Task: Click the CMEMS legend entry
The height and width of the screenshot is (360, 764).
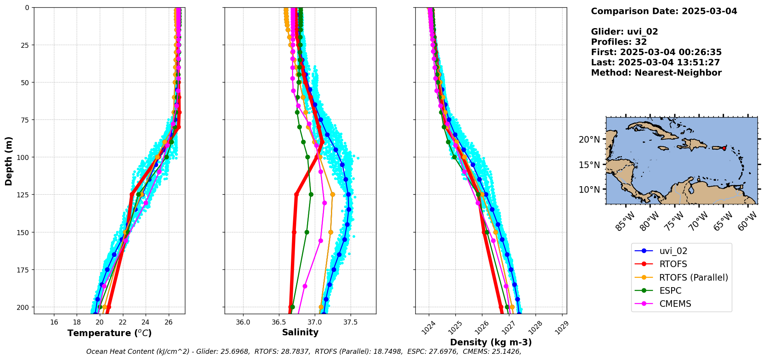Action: click(x=675, y=304)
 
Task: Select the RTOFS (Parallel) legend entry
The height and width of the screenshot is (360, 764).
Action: click(x=693, y=278)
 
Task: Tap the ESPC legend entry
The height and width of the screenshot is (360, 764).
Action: click(x=670, y=291)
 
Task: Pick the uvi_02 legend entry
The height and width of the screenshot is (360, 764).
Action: click(x=673, y=251)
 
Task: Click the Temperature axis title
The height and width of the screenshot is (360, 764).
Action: click(x=109, y=333)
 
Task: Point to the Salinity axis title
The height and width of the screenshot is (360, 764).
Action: click(x=300, y=332)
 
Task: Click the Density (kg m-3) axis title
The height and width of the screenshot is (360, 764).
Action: click(x=490, y=342)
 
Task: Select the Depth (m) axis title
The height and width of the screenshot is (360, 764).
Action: click(x=8, y=161)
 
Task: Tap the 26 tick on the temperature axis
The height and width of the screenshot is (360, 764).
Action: click(x=168, y=322)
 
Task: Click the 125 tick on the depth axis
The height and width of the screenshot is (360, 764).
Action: click(x=24, y=195)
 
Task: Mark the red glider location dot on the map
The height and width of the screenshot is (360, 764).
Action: click(x=724, y=148)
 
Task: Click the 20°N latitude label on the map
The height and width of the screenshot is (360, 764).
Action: click(x=589, y=140)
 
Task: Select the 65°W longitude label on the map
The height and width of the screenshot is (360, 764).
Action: click(x=723, y=222)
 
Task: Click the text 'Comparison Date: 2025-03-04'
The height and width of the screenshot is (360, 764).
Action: click(x=664, y=11)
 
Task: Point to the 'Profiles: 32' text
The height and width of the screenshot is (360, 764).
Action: click(x=619, y=42)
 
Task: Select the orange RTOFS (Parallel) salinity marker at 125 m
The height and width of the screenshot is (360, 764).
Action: click(x=332, y=195)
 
